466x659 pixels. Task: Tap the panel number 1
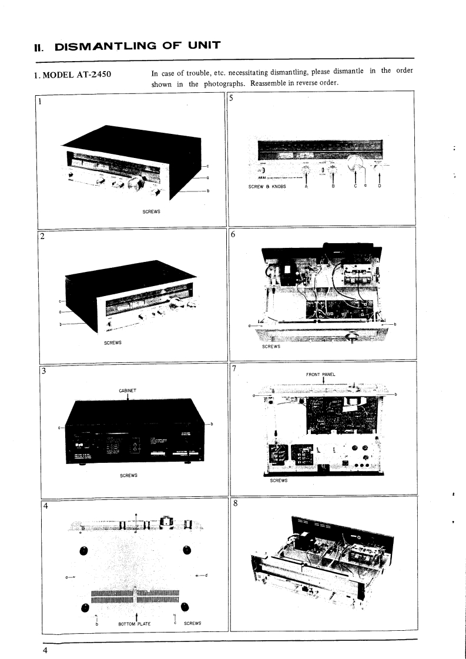pyautogui.click(x=40, y=100)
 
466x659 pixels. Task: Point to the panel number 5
pyautogui.click(x=232, y=98)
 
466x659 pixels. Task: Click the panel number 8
pyautogui.click(x=233, y=503)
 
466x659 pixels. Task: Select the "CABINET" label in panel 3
pyautogui.click(x=128, y=389)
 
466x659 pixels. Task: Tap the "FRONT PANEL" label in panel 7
pyautogui.click(x=321, y=374)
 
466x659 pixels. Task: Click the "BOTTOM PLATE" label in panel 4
pyautogui.click(x=135, y=624)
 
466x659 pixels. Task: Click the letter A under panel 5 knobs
pyautogui.click(x=306, y=187)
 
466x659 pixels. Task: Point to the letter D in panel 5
pyautogui.click(x=379, y=187)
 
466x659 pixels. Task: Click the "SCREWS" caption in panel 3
pyautogui.click(x=129, y=475)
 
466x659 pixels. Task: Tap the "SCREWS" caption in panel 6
pyautogui.click(x=271, y=347)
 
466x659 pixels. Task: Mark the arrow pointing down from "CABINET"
pyautogui.click(x=128, y=398)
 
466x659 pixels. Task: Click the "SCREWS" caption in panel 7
pyautogui.click(x=279, y=480)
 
